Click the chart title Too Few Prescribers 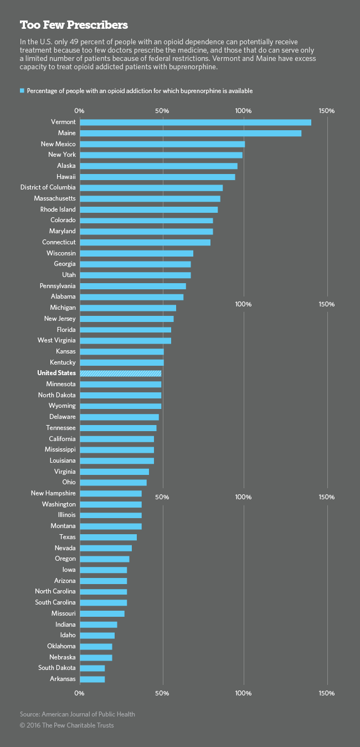click(x=74, y=25)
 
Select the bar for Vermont click(x=196, y=122)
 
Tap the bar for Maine click(x=191, y=133)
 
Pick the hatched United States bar click(x=121, y=373)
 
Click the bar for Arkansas click(x=92, y=679)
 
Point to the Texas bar click(x=109, y=537)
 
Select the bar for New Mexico click(x=162, y=144)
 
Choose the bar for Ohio click(x=114, y=483)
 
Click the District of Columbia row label click(x=48, y=188)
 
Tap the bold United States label click(x=56, y=373)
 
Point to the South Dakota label click(x=57, y=668)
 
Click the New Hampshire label click(x=53, y=493)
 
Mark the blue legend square click(x=22, y=90)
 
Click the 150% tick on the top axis click(x=327, y=111)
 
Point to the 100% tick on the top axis click(x=244, y=111)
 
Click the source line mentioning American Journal click(x=78, y=714)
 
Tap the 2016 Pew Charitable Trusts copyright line click(x=67, y=725)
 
